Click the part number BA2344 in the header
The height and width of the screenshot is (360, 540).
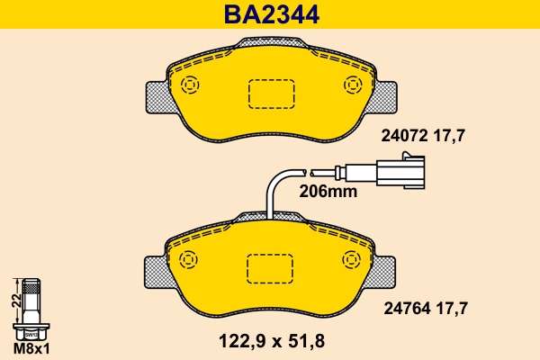[x=269, y=14]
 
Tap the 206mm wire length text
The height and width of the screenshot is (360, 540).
[x=328, y=191]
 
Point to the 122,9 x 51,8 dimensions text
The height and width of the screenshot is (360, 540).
[x=270, y=341]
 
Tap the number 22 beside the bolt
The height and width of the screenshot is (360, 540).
[x=15, y=301]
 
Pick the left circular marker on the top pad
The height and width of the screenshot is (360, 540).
[x=189, y=85]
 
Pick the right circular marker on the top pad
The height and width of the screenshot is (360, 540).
[x=351, y=85]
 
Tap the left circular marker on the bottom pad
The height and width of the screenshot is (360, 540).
[x=189, y=259]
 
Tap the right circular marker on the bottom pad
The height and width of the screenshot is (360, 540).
[x=351, y=259]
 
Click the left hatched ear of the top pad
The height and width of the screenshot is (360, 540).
[x=156, y=96]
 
